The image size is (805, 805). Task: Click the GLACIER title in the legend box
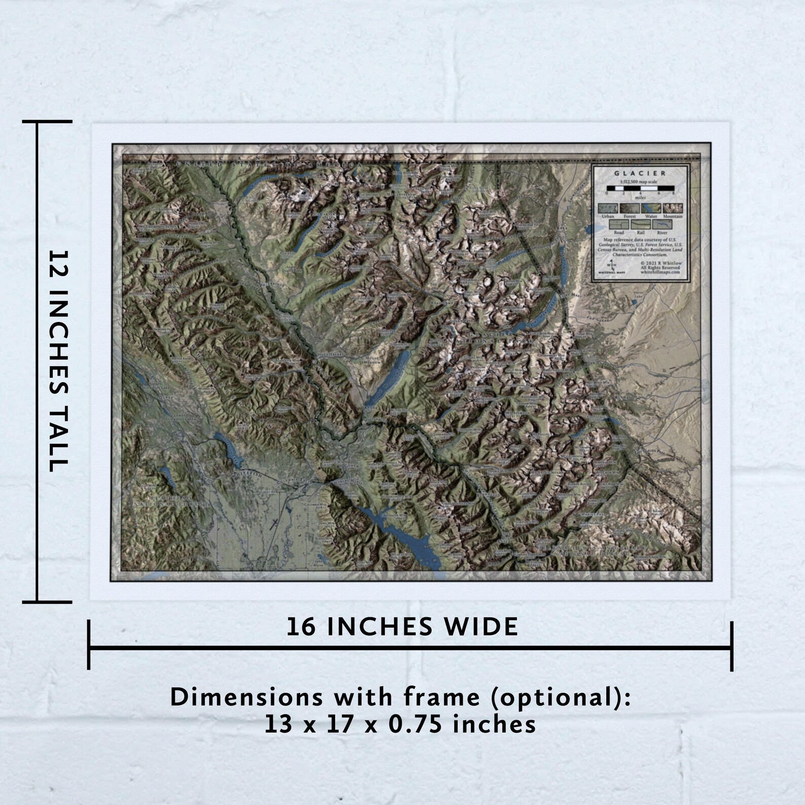point(640,173)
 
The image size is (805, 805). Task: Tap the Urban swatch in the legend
point(607,208)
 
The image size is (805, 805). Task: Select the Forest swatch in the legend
point(630,208)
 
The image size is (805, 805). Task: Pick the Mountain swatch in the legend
point(673,208)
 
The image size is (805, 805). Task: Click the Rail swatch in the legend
point(640,225)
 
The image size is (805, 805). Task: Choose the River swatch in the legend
point(662,225)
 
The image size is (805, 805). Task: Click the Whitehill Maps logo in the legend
point(611,267)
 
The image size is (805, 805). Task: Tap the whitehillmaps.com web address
point(660,272)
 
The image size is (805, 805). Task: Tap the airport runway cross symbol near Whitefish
point(274,524)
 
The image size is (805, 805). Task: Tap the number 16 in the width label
point(302,627)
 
